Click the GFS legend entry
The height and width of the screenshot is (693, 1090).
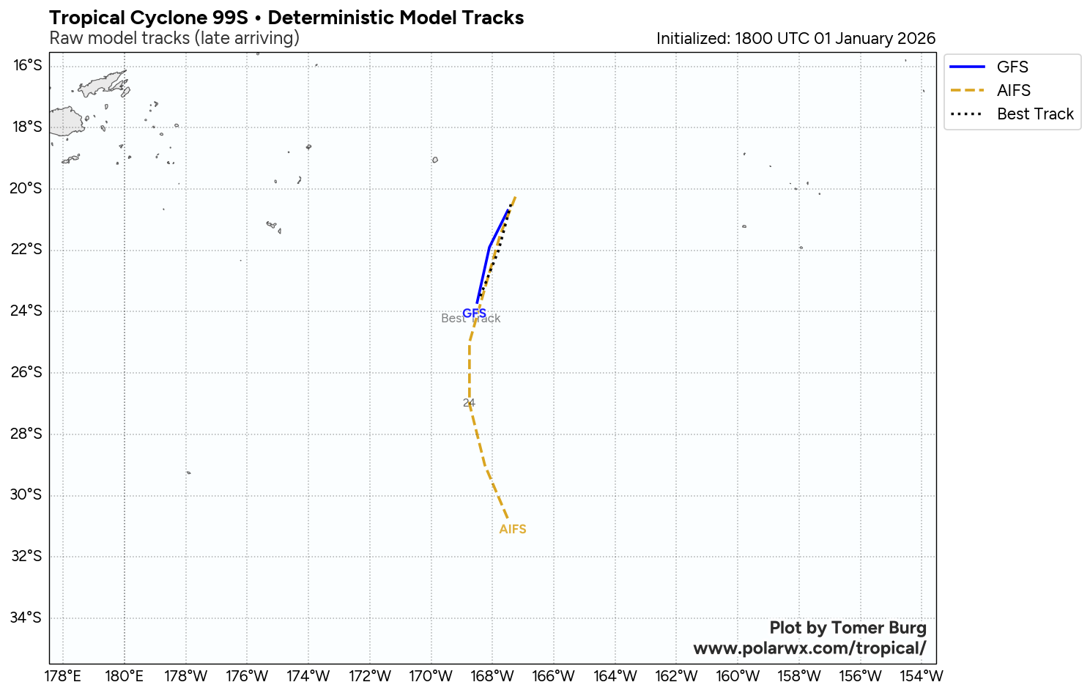coord(1012,67)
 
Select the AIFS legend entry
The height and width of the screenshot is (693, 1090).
coord(1013,90)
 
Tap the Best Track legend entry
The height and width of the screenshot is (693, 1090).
coord(1034,114)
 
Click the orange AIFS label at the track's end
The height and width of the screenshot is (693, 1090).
coord(513,529)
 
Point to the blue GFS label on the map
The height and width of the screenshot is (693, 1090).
coord(474,313)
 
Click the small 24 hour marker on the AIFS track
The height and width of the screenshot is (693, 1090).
coord(469,402)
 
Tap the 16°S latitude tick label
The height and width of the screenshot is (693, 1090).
coord(28,66)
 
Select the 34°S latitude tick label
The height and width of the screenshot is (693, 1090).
coord(28,618)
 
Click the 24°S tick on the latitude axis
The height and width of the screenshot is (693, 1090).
coord(28,311)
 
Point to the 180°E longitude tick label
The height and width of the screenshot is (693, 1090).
coord(125,675)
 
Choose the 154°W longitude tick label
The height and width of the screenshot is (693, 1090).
coord(922,675)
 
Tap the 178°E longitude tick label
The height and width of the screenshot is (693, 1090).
coord(63,675)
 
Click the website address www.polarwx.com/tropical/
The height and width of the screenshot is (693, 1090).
coord(809,648)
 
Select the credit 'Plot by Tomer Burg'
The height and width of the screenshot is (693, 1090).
coord(848,628)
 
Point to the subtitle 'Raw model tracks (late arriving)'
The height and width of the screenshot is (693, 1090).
coord(174,38)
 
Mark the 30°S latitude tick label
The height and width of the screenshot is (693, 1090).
coord(28,494)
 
